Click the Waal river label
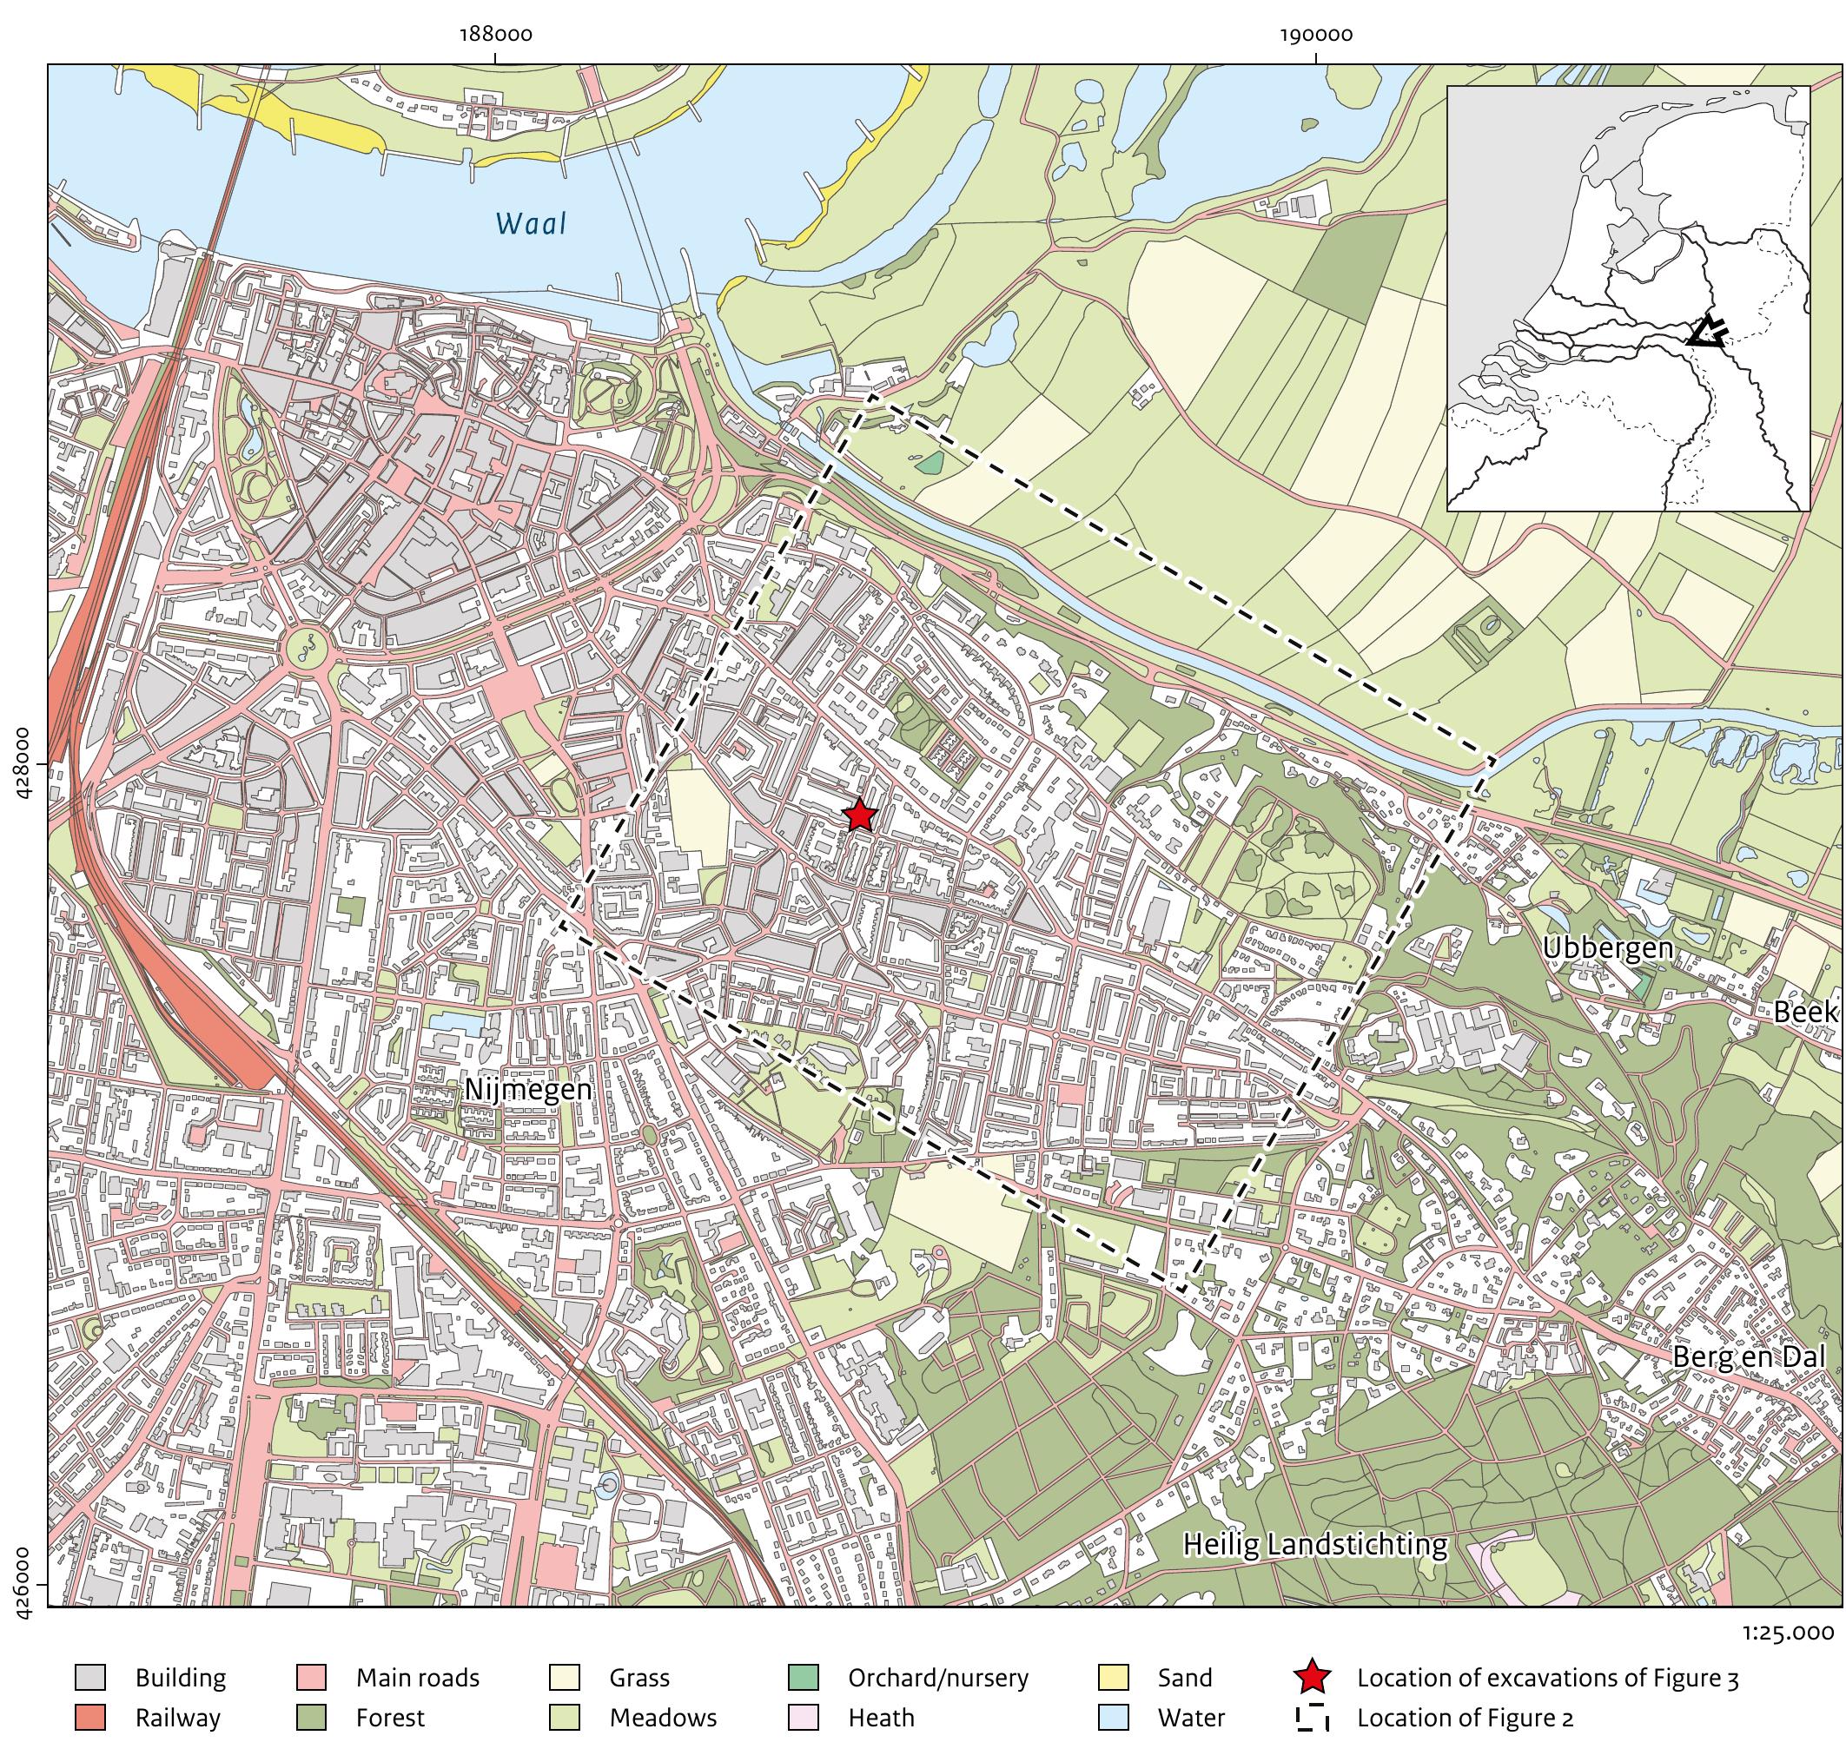pyautogui.click(x=531, y=224)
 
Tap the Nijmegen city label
pyautogui.click(x=529, y=1090)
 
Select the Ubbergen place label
pyautogui.click(x=1607, y=948)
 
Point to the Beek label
pyautogui.click(x=1804, y=1013)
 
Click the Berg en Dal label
pyautogui.click(x=1747, y=1357)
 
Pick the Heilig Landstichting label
pyautogui.click(x=1314, y=1545)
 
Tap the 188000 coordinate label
pyautogui.click(x=495, y=36)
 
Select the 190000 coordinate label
pyautogui.click(x=1315, y=36)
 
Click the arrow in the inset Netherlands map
pyautogui.click(x=1707, y=333)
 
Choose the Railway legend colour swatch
pyautogui.click(x=90, y=1718)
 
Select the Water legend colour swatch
pyautogui.click(x=1112, y=1718)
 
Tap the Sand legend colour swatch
pyautogui.click(x=1112, y=1678)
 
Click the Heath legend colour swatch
pyautogui.click(x=804, y=1718)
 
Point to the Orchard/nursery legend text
pyautogui.click(x=936, y=1678)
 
